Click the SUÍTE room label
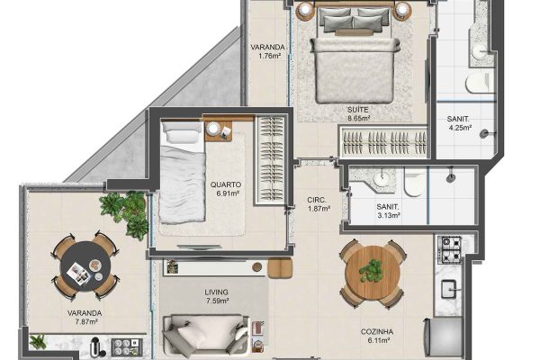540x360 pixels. click(358, 110)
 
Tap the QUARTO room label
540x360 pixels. click(226, 184)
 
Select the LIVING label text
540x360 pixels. click(216, 292)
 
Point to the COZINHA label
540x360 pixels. click(377, 332)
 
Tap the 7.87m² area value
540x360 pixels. click(85, 322)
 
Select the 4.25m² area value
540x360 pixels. click(460, 128)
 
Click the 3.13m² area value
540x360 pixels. click(389, 216)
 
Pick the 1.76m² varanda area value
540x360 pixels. click(270, 56)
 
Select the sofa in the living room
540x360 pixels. click(206, 335)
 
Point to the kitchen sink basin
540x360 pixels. click(449, 289)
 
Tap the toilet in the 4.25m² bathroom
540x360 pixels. click(480, 82)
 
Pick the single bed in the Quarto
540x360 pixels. click(183, 172)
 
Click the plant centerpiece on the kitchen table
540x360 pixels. click(372, 269)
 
